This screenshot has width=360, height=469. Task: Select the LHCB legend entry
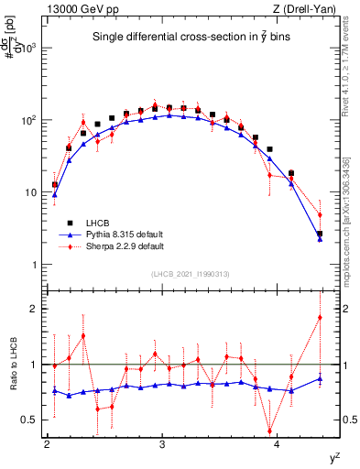click(x=102, y=223)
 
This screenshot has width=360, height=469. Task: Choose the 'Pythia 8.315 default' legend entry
click(x=125, y=234)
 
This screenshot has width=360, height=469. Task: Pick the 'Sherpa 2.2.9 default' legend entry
click(x=125, y=246)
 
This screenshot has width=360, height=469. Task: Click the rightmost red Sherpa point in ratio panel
click(x=320, y=317)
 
